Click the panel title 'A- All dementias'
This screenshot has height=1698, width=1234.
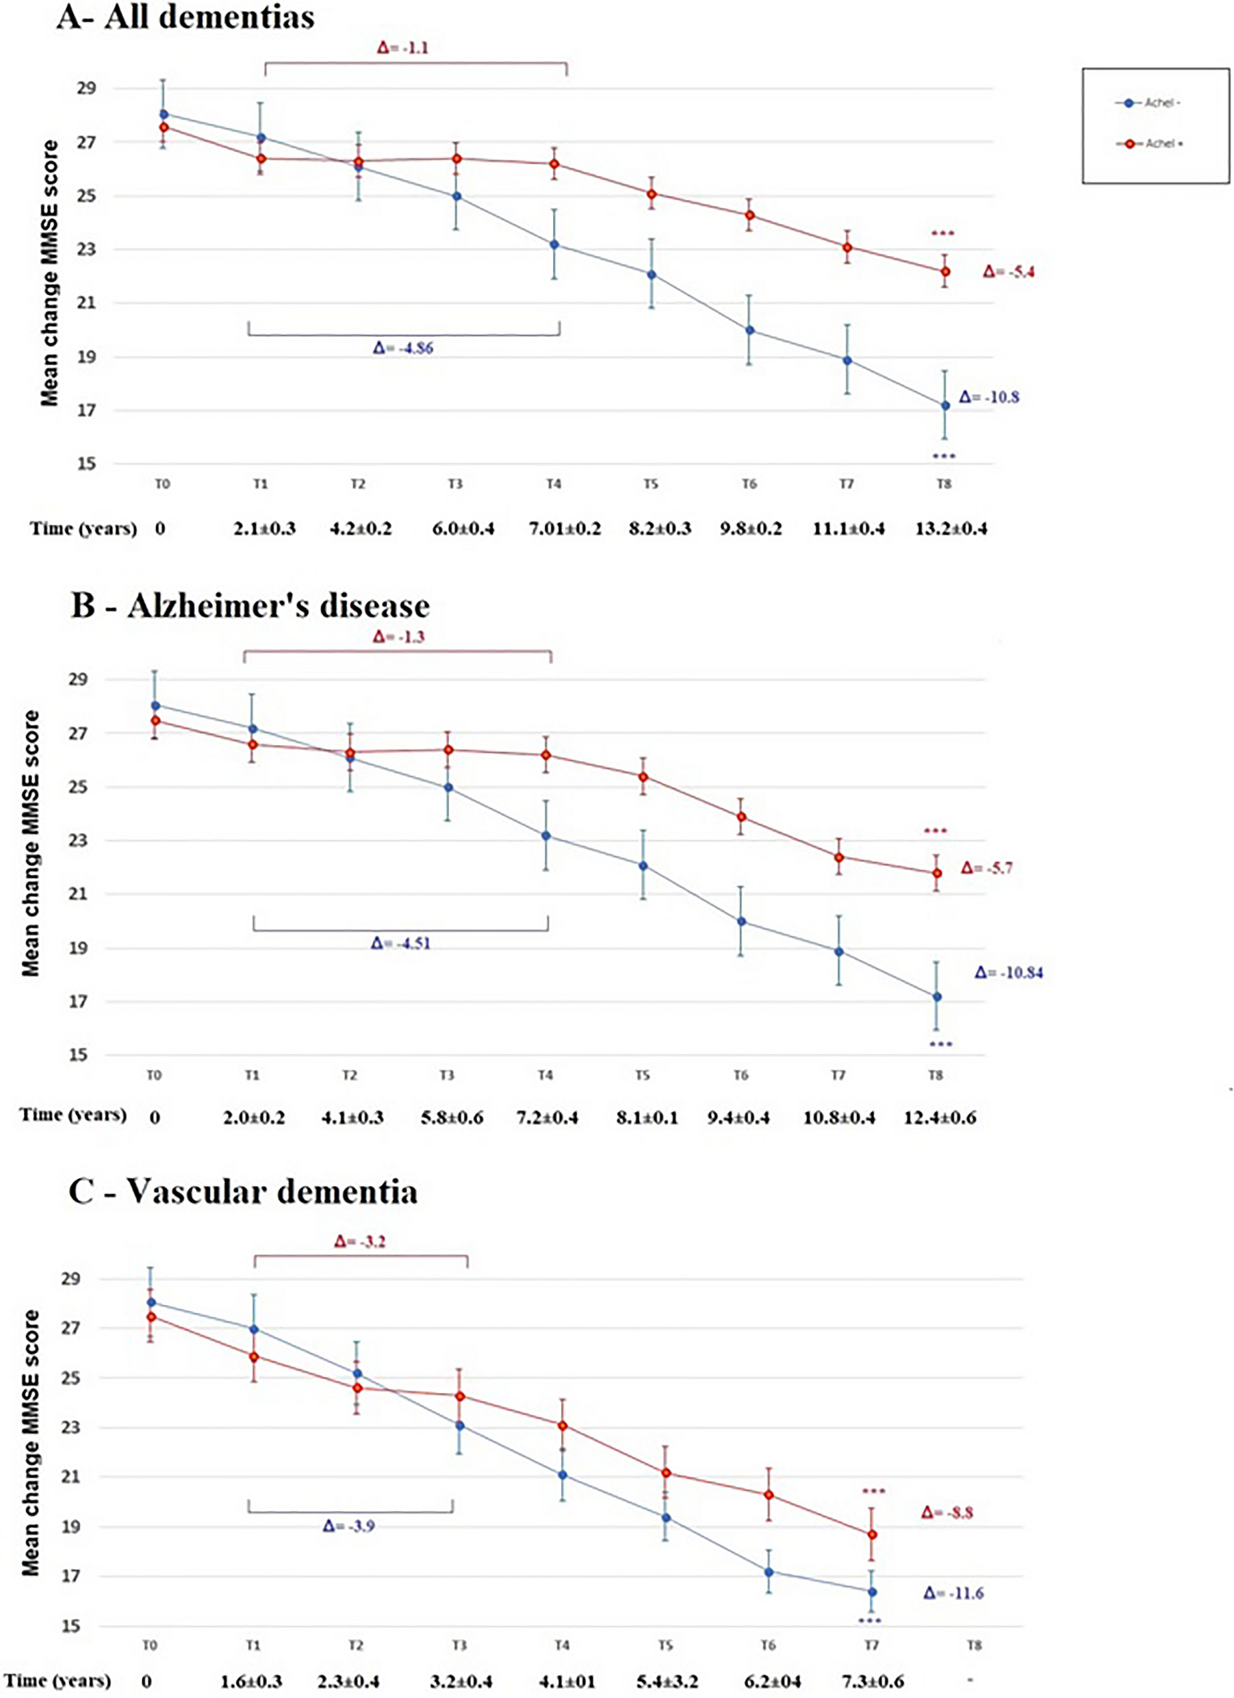pos(185,17)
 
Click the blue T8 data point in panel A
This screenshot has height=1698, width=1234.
pos(944,406)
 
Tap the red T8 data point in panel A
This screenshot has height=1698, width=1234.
pos(945,271)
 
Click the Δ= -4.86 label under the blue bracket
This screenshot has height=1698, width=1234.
pos(402,349)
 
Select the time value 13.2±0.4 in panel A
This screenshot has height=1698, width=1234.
pos(951,529)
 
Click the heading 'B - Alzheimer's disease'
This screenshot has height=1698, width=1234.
pos(250,606)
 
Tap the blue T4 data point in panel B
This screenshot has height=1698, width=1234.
pos(546,835)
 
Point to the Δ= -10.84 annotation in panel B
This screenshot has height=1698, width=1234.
pos(1009,974)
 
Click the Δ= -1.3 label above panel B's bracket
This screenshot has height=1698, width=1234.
pos(398,637)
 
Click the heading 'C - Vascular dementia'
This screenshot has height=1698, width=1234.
pos(242,1193)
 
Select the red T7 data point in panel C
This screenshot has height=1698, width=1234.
pos(872,1535)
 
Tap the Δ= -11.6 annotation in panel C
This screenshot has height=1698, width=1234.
pos(953,1593)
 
